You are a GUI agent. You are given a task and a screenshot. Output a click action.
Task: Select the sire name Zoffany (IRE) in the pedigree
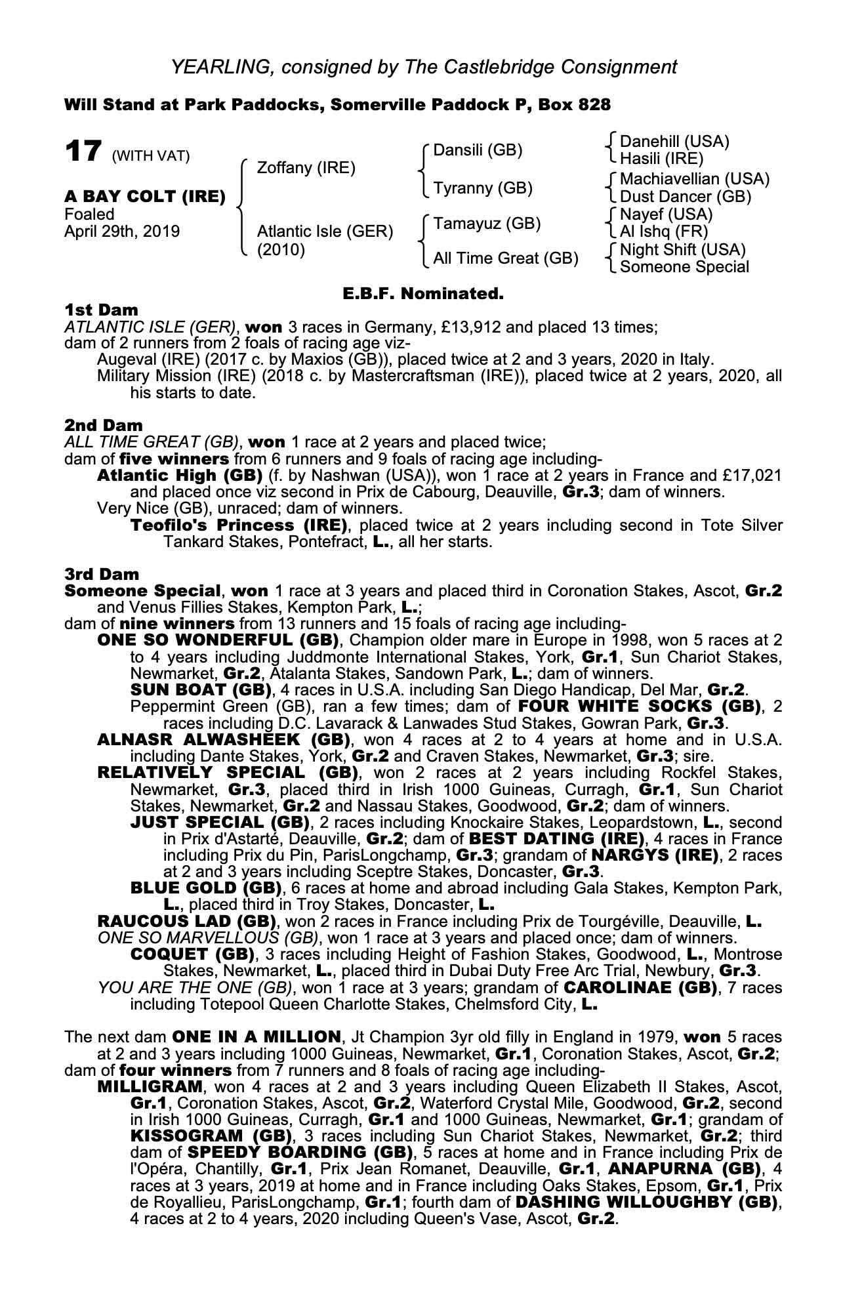tap(306, 168)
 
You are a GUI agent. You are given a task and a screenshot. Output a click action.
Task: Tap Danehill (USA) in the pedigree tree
tap(674, 142)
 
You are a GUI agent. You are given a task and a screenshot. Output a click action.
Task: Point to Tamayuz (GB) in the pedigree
tap(487, 224)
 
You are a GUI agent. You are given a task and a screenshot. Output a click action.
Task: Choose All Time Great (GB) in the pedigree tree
tap(505, 258)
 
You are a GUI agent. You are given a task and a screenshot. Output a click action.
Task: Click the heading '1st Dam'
tap(102, 310)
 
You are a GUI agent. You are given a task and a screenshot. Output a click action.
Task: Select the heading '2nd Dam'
tap(104, 425)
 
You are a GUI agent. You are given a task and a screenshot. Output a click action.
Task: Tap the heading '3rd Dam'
tap(102, 575)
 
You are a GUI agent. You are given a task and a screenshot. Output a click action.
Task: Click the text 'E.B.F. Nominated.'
tap(423, 294)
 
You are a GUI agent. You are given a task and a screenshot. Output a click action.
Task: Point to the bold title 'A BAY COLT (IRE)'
tap(145, 196)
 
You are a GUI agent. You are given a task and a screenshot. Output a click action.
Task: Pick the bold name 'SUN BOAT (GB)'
tap(201, 690)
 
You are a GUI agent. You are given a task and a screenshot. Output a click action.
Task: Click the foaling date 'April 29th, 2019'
tap(122, 232)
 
